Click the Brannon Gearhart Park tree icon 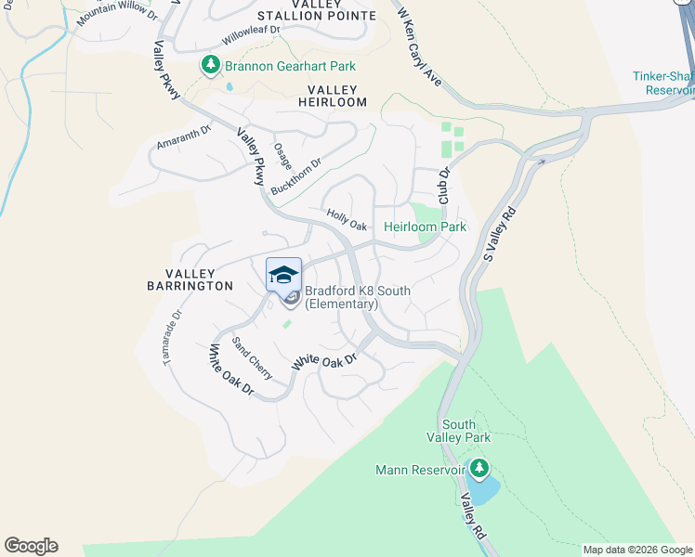[211, 65]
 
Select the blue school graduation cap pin [284, 274]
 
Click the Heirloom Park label [425, 227]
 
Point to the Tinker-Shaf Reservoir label [663, 84]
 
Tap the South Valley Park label [458, 430]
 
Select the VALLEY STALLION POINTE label [317, 10]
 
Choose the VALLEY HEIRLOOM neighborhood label [332, 96]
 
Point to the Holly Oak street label [347, 220]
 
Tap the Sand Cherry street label [252, 358]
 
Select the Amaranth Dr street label [184, 136]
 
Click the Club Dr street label [444, 186]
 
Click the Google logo [31, 546]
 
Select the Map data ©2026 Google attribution [637, 550]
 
